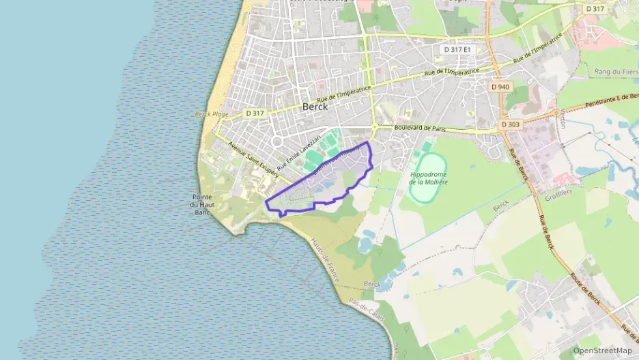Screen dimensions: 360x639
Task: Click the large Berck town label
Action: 315,107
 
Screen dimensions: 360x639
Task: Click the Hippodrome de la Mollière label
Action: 428,178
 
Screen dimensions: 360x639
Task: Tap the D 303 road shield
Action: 509,124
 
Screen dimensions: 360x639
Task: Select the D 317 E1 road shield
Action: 457,49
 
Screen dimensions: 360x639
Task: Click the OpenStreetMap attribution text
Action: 602,350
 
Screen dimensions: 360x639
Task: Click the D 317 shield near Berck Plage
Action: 255,113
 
